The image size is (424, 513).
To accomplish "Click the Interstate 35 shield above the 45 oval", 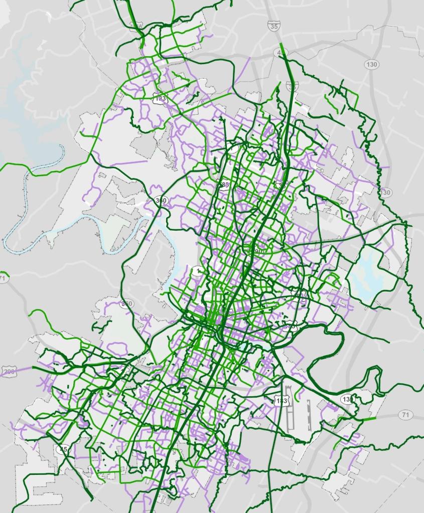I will pos(274,27).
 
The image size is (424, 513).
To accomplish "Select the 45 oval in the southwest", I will pos(63,449).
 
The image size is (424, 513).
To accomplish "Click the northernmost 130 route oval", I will pos(372,65).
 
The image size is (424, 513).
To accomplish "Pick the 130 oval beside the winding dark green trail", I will pos(385,192).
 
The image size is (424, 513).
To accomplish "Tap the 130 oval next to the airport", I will pos(346,399).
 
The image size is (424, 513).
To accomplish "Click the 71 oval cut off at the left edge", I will pos(3,278).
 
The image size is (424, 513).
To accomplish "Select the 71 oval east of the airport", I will pos(405,414).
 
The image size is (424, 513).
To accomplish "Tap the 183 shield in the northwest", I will pos(160,99).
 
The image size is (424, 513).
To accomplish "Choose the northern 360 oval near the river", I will pos(162,201).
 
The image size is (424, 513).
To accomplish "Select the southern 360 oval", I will pos(128,304).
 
